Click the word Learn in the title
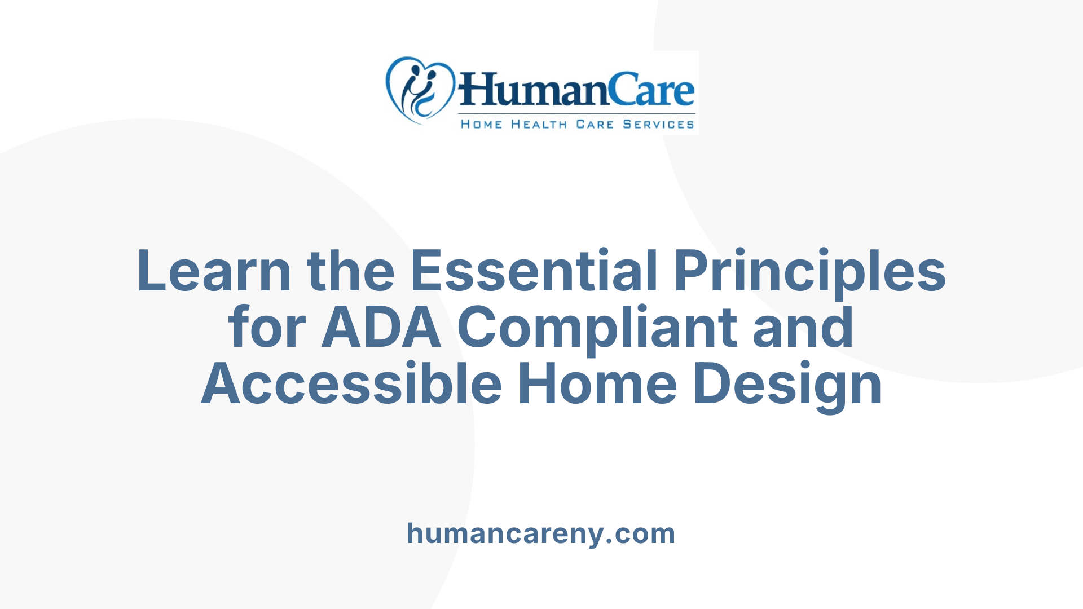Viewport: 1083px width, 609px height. [x=214, y=271]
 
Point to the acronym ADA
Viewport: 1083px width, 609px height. [x=381, y=328]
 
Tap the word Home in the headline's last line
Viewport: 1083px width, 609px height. [x=597, y=384]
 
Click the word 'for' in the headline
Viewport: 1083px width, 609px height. [x=267, y=328]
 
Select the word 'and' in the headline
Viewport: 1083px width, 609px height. [x=803, y=328]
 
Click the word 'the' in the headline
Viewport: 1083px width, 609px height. [x=350, y=271]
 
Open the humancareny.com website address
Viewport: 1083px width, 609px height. [x=541, y=533]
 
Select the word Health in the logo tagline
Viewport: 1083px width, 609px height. [x=539, y=124]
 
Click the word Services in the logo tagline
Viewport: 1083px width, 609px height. [x=658, y=124]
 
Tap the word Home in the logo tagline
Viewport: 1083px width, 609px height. [x=481, y=124]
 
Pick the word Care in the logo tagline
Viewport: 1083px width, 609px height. [x=595, y=124]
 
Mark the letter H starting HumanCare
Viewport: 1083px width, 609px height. [x=475, y=90]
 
